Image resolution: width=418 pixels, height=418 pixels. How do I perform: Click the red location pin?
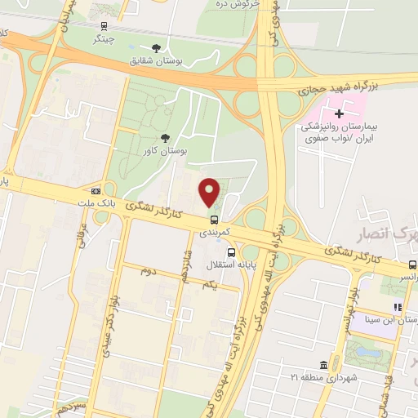click(x=210, y=191)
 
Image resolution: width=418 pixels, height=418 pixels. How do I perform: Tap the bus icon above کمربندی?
click(x=214, y=220)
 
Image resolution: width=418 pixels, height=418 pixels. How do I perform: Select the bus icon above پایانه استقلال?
click(x=232, y=252)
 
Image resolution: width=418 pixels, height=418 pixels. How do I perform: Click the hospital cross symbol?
click(x=340, y=113)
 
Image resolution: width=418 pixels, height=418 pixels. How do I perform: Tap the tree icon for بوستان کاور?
click(x=167, y=138)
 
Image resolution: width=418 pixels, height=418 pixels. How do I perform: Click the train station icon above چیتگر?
click(x=103, y=26)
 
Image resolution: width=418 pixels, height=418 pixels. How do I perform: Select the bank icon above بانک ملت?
click(x=96, y=189)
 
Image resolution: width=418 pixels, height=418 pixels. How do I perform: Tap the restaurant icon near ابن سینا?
click(x=398, y=307)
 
